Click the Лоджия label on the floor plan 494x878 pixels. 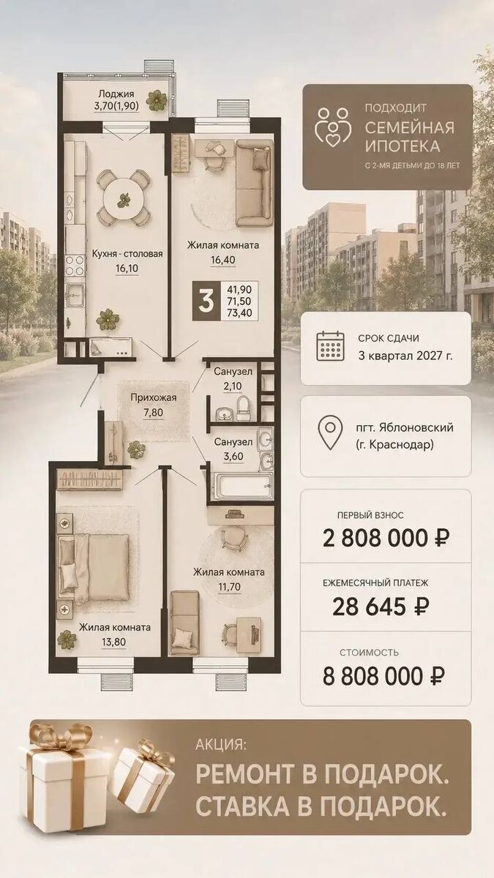116,94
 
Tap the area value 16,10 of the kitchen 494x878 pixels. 127,269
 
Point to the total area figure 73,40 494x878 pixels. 239,313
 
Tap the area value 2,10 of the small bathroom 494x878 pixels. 233,386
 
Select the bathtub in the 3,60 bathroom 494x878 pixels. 240,486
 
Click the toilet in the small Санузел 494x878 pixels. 243,408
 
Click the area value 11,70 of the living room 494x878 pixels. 228,587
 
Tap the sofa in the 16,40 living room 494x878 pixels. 254,183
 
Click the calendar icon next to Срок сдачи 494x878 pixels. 330,346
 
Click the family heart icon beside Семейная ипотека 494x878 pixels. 333,128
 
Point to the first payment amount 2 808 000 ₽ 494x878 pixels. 386,538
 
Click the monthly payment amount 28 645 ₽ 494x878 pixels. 381,607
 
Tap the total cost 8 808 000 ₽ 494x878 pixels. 383,676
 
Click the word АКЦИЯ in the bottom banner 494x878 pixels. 221,744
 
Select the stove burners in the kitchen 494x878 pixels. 75,266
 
